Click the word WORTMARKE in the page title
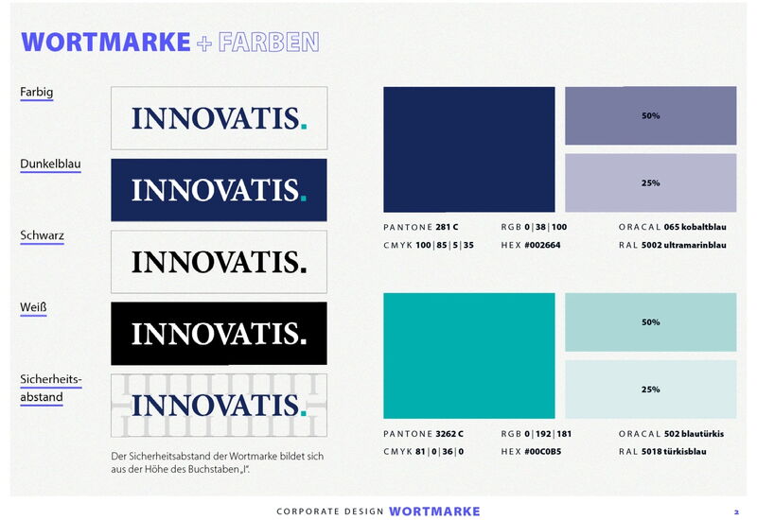pos(106,42)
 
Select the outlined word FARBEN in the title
pos(269,42)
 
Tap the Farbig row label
pos(36,93)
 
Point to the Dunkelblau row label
pos(50,165)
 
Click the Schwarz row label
pos(42,235)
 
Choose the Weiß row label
pos(33,308)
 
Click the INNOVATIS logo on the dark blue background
pos(219,190)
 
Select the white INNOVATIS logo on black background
pos(219,334)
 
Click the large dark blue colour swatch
pos(468,149)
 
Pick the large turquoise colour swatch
pos(468,355)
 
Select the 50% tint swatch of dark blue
pos(650,115)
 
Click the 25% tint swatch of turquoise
pos(650,390)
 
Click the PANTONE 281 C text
pos(421,228)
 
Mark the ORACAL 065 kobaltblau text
pos(672,228)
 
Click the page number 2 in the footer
pos(736,511)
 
